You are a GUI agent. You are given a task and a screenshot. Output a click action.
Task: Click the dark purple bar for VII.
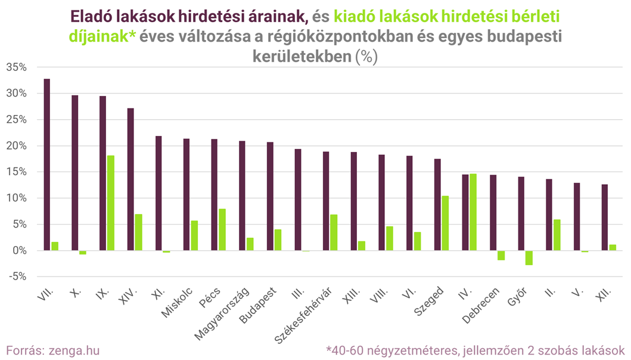tap(47, 165)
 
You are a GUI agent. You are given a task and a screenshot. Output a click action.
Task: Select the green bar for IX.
tap(111, 203)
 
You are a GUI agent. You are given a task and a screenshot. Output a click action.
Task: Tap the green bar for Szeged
tap(445, 223)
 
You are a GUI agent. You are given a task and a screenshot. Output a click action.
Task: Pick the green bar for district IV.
tap(473, 212)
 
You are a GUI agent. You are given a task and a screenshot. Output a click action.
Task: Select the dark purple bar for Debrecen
tap(493, 213)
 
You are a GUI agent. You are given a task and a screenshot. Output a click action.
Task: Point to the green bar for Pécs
tap(222, 229)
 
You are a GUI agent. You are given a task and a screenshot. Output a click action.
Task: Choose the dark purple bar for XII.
tap(605, 218)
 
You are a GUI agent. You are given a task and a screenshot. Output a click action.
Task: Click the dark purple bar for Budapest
tap(271, 196)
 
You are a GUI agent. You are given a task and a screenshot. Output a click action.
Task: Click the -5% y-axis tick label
tap(17, 277)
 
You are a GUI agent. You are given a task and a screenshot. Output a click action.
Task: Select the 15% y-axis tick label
tap(17, 172)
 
